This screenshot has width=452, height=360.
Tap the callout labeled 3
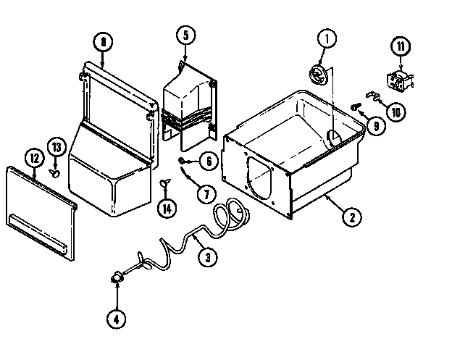[207, 255]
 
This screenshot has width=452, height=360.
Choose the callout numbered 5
[185, 34]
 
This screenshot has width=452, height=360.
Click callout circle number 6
[208, 161]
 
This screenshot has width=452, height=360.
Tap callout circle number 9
[376, 125]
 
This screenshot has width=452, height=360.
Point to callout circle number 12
[33, 156]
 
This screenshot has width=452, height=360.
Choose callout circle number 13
[56, 147]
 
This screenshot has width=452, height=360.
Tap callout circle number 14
[167, 208]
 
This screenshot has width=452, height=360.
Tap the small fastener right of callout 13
[55, 172]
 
